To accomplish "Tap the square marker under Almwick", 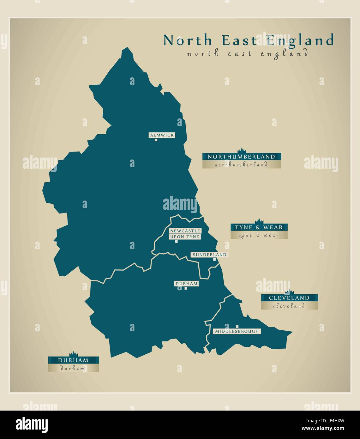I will click(x=156, y=140).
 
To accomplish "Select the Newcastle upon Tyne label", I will click(x=185, y=234).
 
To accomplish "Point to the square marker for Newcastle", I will click(x=176, y=242).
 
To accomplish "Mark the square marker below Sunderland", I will click(x=214, y=260).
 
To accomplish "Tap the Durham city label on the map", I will click(x=186, y=284).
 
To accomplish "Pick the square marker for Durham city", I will click(x=186, y=288).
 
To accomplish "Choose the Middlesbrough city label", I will click(x=237, y=331).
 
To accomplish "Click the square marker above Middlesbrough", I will click(x=237, y=326).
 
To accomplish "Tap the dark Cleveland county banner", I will click(x=289, y=298).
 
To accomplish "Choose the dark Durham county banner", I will click(x=73, y=360).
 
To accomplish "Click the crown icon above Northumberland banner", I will click(x=242, y=150).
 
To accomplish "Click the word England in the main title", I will click(x=300, y=40).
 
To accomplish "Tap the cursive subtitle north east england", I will click(x=247, y=54).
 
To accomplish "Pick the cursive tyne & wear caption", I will click(x=259, y=235).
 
